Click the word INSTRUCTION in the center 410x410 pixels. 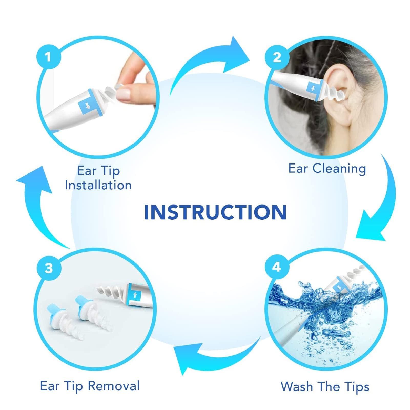coord(215,212)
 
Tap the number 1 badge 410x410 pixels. coord(48,57)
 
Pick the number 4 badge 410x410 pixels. coord(276,267)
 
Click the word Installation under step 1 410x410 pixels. coord(98,185)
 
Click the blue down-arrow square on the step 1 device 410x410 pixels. coord(88,106)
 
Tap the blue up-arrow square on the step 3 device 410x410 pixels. coord(135,295)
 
